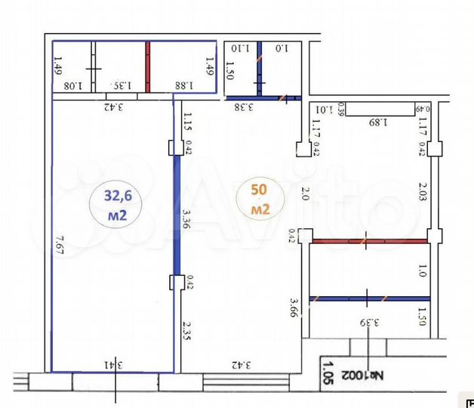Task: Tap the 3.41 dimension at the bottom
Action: point(114,365)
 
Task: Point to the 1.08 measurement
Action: point(72,86)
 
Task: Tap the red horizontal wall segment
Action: point(370,241)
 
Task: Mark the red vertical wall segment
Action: point(148,66)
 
